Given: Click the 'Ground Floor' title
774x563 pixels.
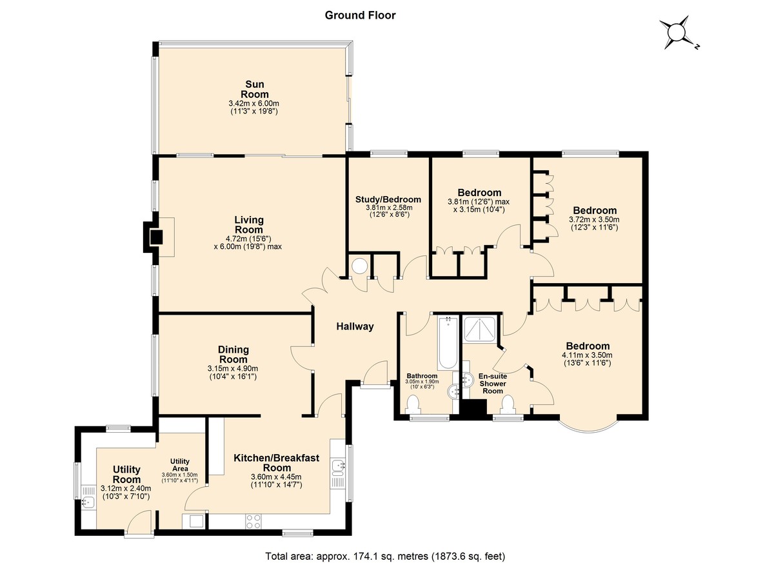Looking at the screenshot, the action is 360,15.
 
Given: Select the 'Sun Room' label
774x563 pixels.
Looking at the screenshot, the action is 255,89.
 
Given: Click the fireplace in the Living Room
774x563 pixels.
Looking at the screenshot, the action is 156,237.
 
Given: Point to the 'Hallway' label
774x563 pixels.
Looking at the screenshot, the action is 355,326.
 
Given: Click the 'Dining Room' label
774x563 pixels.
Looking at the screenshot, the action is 233,355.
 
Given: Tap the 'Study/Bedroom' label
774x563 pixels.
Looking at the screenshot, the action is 388,199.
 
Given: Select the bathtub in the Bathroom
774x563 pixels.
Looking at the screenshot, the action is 448,342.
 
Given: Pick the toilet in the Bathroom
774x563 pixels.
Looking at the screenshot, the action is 413,405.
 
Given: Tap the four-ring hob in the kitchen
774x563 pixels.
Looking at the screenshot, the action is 253,522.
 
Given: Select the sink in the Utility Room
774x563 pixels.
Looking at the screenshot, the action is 89,502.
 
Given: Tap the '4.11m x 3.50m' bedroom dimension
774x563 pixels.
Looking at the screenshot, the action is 588,355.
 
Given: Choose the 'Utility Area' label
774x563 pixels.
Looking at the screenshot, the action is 180,465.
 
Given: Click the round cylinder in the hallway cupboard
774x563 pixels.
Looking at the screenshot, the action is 359,266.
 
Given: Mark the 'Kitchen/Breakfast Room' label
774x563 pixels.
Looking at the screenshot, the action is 277,463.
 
